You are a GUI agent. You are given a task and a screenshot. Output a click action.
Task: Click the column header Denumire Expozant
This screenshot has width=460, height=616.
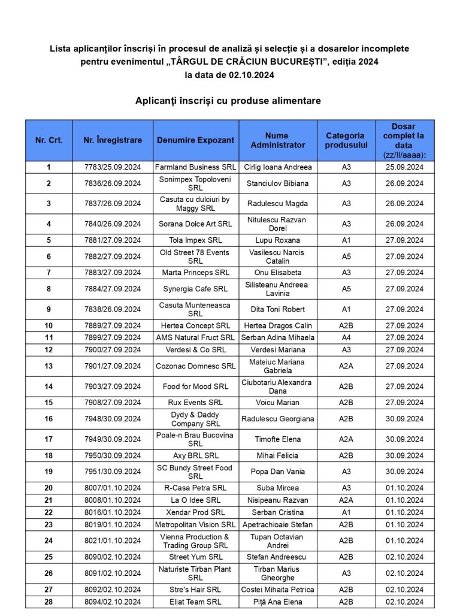[195, 140]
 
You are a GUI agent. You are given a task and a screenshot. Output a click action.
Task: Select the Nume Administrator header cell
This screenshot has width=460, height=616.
[277, 140]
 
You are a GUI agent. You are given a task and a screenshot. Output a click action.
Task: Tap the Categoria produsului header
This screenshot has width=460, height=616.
[346, 140]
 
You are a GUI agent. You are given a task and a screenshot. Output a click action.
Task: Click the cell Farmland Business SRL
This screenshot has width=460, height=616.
[195, 167]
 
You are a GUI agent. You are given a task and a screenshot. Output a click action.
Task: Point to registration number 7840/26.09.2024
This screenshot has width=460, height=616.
[113, 224]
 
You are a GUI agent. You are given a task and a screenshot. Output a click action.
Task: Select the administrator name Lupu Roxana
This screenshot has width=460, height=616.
[277, 240]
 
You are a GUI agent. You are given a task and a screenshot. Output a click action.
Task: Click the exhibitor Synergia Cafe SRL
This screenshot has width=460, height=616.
[195, 289]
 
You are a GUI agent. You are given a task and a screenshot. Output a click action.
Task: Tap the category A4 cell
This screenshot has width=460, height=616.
[346, 337]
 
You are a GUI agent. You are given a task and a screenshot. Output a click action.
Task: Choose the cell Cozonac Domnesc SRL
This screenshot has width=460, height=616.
[195, 366]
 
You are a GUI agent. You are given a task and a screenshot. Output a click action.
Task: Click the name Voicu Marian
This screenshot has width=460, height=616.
[277, 403]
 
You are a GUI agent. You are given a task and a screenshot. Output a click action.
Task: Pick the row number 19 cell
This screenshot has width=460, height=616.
[49, 472]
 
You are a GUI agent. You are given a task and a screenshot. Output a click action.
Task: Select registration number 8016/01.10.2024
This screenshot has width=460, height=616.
[113, 512]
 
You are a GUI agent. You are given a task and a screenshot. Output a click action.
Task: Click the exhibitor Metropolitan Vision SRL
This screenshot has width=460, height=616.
[195, 524]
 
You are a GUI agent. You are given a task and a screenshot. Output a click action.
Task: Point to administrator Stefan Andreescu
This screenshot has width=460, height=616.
[277, 557]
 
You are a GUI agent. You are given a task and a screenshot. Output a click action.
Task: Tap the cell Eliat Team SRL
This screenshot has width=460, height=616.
[195, 602]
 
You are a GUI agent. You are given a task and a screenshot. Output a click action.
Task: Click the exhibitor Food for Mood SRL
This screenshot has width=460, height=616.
[195, 386]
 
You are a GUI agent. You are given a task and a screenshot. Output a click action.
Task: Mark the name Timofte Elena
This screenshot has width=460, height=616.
[277, 439]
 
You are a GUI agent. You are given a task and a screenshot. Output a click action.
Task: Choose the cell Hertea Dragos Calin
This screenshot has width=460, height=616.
[277, 325]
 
